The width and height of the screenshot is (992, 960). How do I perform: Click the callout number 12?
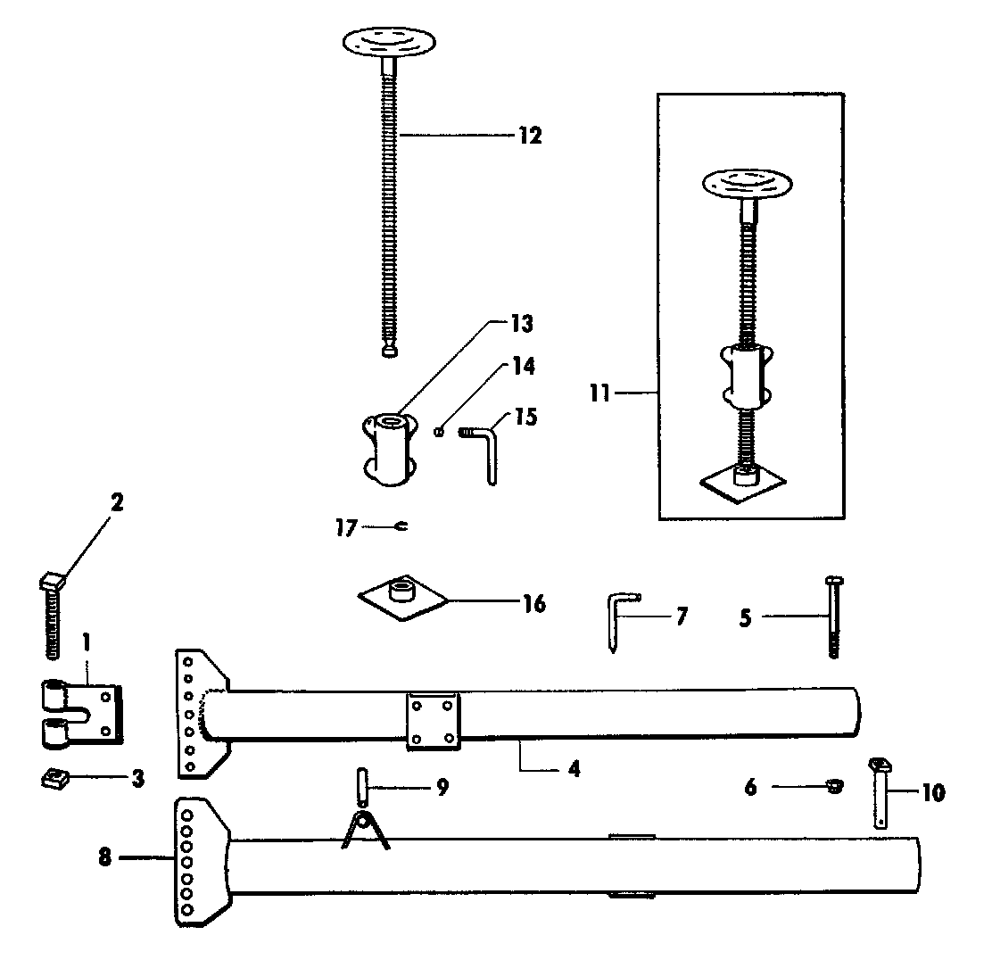(530, 136)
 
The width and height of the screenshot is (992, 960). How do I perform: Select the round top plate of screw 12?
(390, 43)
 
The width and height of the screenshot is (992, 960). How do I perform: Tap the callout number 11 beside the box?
(599, 393)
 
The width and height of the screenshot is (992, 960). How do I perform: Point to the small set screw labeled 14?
(437, 432)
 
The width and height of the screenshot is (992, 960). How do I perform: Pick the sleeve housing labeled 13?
(390, 449)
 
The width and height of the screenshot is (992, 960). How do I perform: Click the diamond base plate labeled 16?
(403, 598)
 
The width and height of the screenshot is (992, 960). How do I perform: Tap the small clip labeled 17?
(401, 526)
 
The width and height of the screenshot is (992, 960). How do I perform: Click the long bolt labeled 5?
(834, 617)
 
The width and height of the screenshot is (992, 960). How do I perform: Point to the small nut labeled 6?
(835, 787)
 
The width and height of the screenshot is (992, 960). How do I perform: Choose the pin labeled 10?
(880, 793)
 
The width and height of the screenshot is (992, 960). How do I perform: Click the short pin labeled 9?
(362, 785)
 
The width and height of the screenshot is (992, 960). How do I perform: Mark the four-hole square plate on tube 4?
(433, 722)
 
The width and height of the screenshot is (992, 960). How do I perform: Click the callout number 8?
(104, 857)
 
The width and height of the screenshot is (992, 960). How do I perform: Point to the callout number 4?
(574, 769)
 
